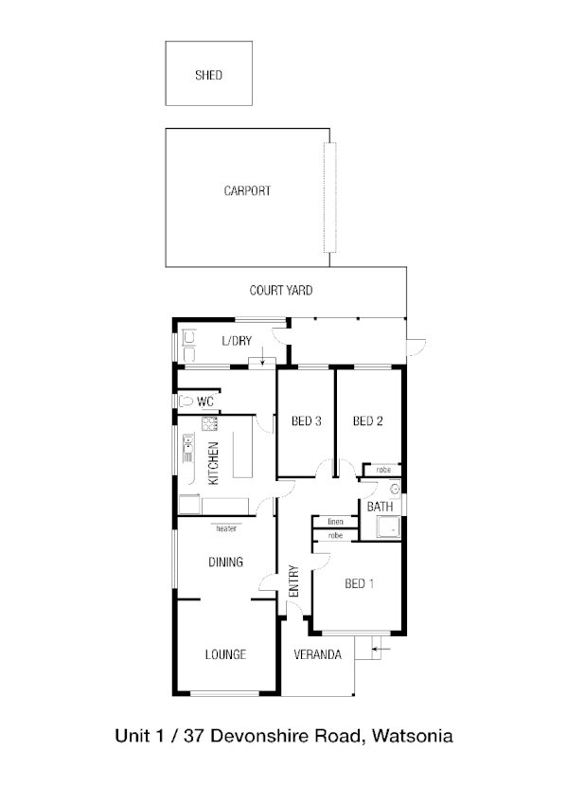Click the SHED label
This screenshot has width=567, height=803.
pos(208,75)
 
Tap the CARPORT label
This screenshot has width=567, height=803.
pos(247,191)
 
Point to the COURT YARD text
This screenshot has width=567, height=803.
pos(281,291)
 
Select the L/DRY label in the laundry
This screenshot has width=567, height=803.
pos(238,341)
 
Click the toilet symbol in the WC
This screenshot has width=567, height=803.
pos(185,401)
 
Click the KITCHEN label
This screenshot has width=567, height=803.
pos(214,463)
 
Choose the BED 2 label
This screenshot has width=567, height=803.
pos(367,421)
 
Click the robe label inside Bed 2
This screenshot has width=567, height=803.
pos(383,470)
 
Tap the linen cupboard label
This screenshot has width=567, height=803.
pos(335,522)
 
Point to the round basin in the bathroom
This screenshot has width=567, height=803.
pos(395,490)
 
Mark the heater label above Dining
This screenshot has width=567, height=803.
pos(225,529)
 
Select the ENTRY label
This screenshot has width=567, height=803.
pos(293,581)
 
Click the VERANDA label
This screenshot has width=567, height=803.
pos(317,655)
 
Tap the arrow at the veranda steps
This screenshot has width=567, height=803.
pos(379,649)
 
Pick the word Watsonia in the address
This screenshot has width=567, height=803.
pos(412,735)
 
